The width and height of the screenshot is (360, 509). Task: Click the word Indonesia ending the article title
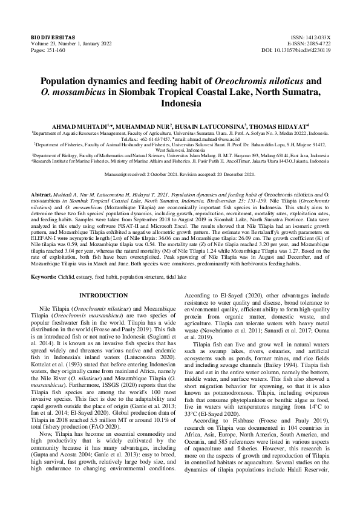click(x=180, y=103)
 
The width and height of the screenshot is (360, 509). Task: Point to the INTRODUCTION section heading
click(x=104, y=295)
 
